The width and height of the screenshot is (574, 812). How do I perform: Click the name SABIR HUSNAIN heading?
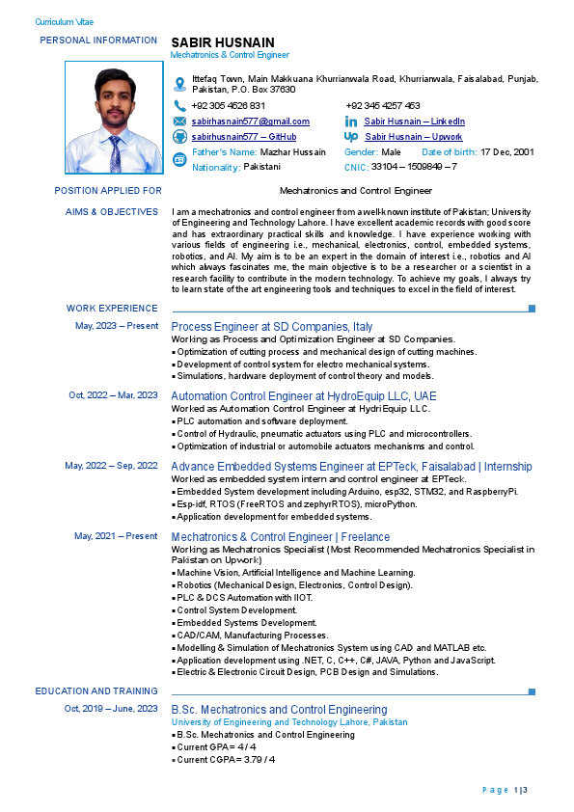coord(223,42)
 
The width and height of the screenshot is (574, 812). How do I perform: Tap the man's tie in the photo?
coord(115,154)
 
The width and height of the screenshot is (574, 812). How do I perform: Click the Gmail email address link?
coord(251,122)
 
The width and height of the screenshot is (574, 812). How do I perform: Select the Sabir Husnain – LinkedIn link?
coord(414,122)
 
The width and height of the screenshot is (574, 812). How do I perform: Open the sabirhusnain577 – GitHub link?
coord(244,137)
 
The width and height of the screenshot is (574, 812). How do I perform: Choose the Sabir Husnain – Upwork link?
coord(413,137)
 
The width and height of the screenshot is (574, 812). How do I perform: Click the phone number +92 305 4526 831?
coord(229,106)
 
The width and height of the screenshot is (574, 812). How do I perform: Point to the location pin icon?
coord(179,83)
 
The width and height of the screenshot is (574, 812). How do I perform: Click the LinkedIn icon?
coord(351,122)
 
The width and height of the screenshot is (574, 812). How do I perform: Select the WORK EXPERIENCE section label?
coord(112,309)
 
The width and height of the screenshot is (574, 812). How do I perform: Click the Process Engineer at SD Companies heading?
coord(271,328)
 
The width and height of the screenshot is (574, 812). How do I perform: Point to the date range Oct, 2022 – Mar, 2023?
coord(113,395)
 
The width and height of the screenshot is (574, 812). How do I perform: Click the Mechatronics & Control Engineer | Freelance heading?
coord(280,537)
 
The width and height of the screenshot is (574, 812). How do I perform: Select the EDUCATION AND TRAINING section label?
coord(96,691)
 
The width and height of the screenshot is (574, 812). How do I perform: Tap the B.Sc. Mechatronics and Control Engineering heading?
coord(279,710)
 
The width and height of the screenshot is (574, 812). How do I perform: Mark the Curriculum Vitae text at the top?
coord(65,21)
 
